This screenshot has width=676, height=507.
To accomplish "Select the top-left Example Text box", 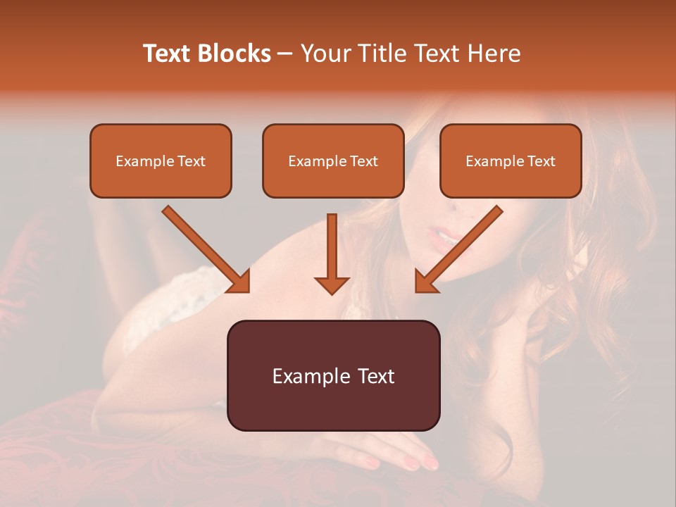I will tap(161, 161).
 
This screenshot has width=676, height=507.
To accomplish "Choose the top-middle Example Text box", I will tap(333, 161).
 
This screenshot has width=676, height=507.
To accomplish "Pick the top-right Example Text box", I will tap(511, 161).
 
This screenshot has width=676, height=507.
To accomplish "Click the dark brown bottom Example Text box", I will tap(333, 375).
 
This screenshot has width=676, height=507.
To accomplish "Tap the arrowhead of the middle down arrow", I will tap(332, 284).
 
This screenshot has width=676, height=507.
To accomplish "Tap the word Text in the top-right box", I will tap(541, 161).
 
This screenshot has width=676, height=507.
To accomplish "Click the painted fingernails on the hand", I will tap(412, 462).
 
